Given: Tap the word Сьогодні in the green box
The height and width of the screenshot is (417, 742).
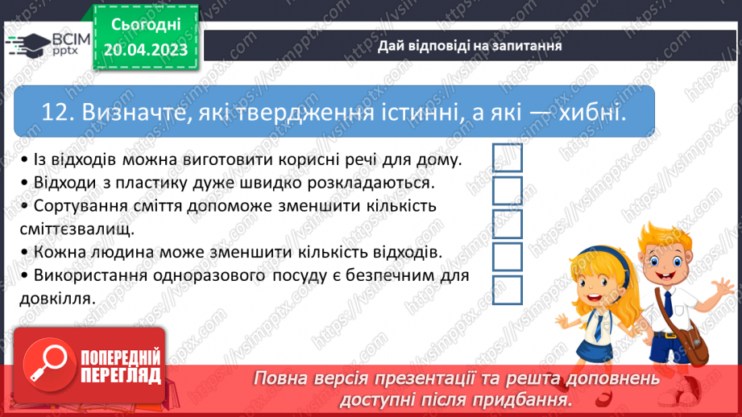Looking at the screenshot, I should [145, 25].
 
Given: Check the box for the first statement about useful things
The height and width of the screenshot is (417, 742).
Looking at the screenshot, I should [508, 157].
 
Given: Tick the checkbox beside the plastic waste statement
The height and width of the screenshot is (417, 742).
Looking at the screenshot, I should [508, 190].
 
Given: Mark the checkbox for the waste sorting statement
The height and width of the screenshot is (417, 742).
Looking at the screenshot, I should [508, 223].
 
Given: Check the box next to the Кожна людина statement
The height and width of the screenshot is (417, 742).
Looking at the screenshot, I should [508, 256].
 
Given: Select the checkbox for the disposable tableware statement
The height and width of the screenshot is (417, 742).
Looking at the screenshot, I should [508, 289].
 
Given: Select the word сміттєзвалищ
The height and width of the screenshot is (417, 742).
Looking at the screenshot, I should [77, 229].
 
